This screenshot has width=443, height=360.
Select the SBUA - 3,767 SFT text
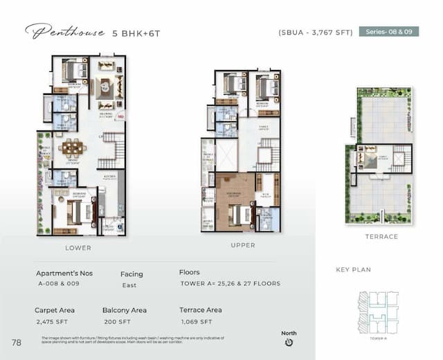315,32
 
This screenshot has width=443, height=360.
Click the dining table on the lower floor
71,147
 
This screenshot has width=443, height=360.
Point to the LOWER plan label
78,247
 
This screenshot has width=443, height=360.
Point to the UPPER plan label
242,245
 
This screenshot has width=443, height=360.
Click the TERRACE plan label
381,237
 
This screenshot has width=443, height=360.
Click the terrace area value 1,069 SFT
198,322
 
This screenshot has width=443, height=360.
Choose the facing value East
129,285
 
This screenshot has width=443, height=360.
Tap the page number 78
16,342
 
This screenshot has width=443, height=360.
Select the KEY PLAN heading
354,270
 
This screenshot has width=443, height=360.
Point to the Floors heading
189,273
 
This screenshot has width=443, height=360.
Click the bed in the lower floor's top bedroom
74,70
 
